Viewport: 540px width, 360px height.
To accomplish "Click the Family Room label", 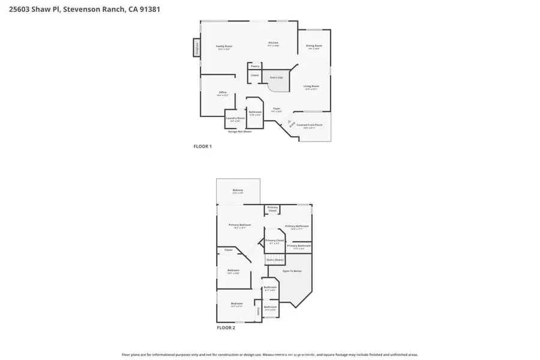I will (x=224, y=47).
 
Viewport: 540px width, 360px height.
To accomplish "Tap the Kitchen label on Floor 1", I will (x=273, y=43).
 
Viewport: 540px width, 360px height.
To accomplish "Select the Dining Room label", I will (x=314, y=46).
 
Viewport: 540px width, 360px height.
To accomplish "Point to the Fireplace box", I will (x=196, y=48).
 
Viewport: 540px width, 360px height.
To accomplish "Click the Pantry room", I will (x=255, y=66).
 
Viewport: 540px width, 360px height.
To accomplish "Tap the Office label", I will (x=223, y=93).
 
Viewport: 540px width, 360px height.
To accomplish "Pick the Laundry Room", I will (x=235, y=119).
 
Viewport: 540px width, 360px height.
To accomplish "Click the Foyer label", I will (x=276, y=109).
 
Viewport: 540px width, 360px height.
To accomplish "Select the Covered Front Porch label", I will (x=313, y=125).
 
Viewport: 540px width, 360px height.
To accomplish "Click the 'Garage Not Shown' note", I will (x=239, y=131).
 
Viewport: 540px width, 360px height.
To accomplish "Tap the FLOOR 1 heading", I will (x=202, y=146).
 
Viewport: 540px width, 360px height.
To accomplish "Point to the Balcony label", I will (x=238, y=191).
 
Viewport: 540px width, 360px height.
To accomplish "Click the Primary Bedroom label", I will (x=239, y=225).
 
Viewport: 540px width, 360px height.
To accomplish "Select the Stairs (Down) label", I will (x=275, y=260).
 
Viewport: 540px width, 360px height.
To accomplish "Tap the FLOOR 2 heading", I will (x=226, y=328).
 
